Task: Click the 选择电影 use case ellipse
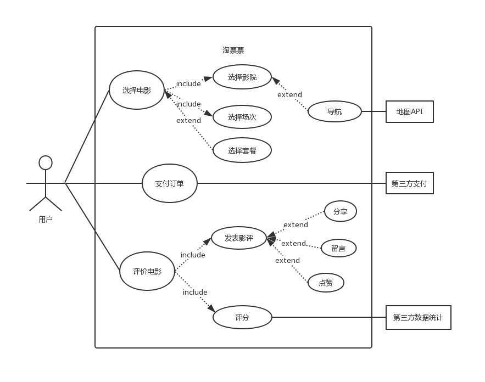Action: tap(137, 90)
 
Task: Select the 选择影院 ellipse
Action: tap(242, 77)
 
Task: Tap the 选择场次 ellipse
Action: tap(242, 117)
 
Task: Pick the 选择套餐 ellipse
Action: tap(242, 150)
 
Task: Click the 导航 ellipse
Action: tap(335, 111)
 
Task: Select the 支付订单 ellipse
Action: tap(169, 183)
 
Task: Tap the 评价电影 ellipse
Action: tap(147, 271)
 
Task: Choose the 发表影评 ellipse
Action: tap(239, 238)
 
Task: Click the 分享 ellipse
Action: tap(341, 211)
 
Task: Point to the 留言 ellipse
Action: tap(339, 248)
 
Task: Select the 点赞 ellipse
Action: tap(326, 283)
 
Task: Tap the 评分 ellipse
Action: tap(242, 317)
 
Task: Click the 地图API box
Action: tap(410, 111)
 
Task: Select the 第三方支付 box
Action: tap(410, 183)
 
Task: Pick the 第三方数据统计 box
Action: tap(419, 317)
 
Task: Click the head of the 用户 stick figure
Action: tap(46, 162)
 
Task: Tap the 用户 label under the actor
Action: tap(46, 220)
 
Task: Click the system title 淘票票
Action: tap(233, 50)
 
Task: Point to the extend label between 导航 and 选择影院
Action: tap(289, 94)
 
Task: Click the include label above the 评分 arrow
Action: tap(195, 292)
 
